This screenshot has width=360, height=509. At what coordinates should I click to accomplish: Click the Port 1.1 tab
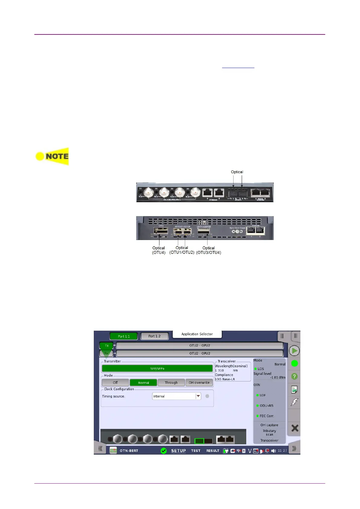pyautogui.click(x=123, y=336)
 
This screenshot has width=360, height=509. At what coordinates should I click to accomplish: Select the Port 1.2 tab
pyautogui.click(x=154, y=336)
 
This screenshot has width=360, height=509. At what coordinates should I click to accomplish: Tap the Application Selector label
pyautogui.click(x=197, y=334)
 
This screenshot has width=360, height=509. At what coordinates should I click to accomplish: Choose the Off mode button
pyautogui.click(x=115, y=383)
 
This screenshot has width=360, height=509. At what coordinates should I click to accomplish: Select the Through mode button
pyautogui.click(x=171, y=383)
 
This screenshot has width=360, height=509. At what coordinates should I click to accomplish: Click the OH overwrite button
pyautogui.click(x=199, y=383)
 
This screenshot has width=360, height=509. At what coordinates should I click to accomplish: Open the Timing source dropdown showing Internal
pyautogui.click(x=176, y=396)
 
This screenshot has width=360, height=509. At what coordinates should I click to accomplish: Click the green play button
pyautogui.click(x=294, y=351)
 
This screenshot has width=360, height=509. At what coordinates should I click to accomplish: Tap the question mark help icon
pyautogui.click(x=294, y=376)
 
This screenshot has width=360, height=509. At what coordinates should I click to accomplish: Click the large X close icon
pyautogui.click(x=295, y=428)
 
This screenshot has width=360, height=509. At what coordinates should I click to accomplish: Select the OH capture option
pyautogui.click(x=269, y=425)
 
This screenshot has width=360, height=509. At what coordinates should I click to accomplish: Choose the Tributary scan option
pyautogui.click(x=269, y=433)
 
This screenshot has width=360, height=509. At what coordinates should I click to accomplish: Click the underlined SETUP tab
pyautogui.click(x=178, y=451)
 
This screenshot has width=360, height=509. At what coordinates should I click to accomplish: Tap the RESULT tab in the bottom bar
pyautogui.click(x=213, y=451)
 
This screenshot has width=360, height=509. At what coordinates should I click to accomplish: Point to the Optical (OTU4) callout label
pyautogui.click(x=159, y=250)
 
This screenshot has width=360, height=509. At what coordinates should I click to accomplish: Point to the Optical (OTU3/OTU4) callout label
pyautogui.click(x=208, y=250)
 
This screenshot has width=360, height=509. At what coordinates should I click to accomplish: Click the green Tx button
pyautogui.click(x=106, y=345)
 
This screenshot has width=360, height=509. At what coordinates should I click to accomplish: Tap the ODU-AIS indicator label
pyautogui.click(x=266, y=406)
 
